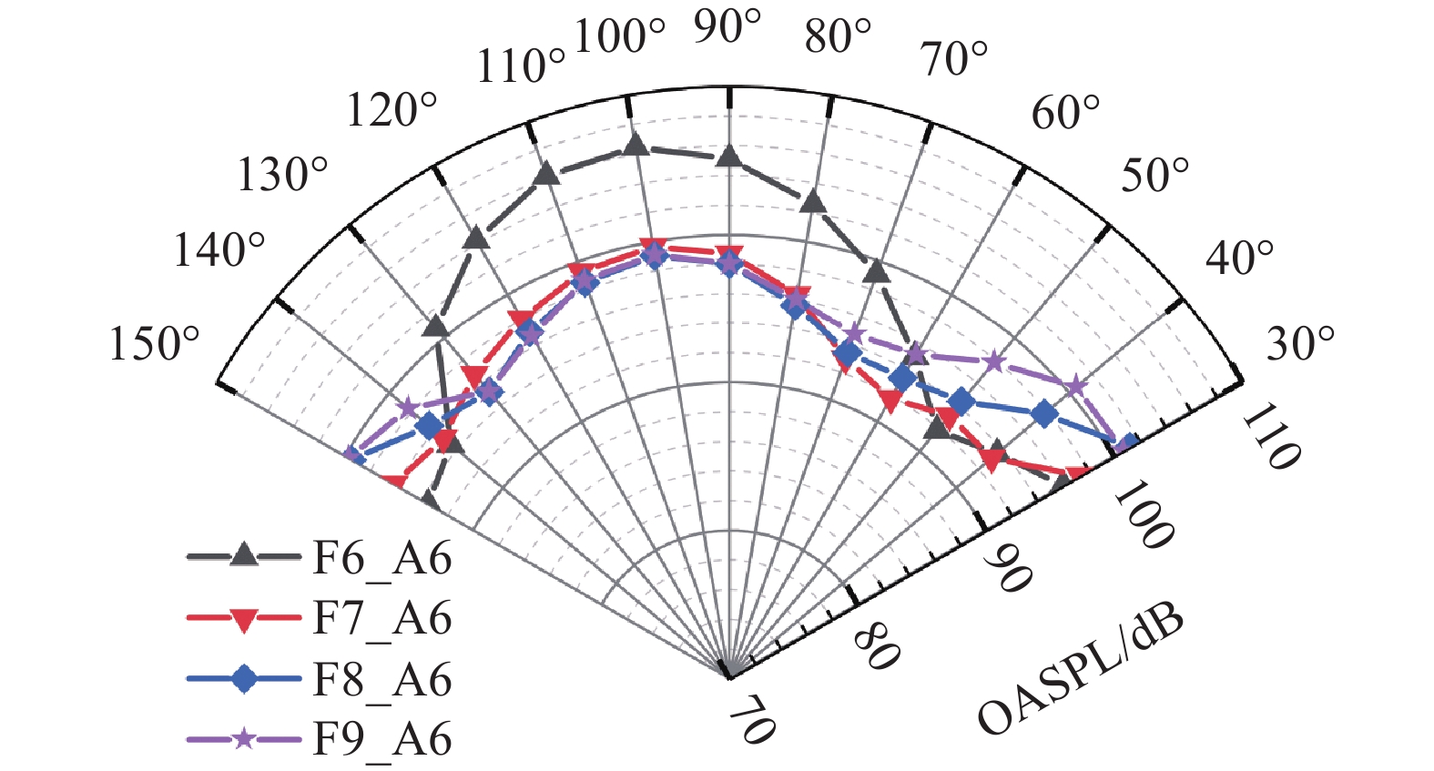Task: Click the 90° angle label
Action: point(727,27)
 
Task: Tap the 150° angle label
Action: point(155,345)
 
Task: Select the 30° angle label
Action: point(1301,344)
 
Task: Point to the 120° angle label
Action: point(392,111)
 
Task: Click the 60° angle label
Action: point(1065,113)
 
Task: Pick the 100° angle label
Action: point(622,37)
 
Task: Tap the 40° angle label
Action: point(1240,259)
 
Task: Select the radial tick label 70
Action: point(752,726)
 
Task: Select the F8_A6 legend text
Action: point(381,679)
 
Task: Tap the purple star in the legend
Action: point(244,738)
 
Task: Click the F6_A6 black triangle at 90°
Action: point(728,157)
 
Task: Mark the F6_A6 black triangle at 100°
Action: point(636,145)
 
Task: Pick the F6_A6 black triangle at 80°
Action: point(813,201)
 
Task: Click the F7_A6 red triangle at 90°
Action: point(728,254)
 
